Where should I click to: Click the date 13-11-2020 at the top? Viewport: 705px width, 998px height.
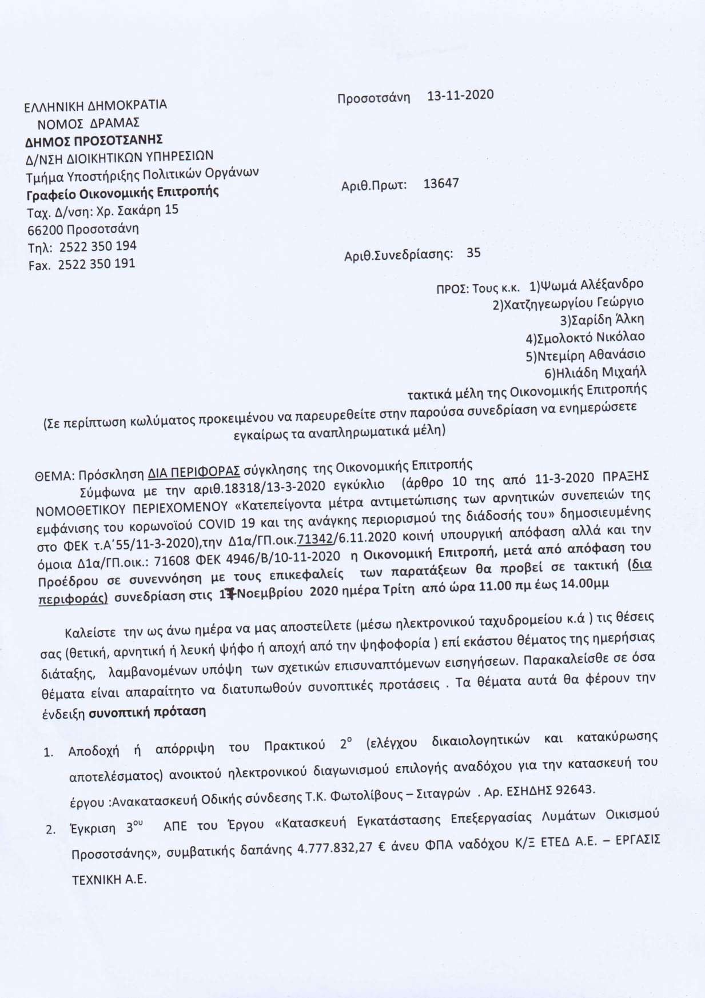460,95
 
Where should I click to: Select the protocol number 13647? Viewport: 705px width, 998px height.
441,184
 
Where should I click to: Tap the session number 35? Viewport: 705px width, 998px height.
473,252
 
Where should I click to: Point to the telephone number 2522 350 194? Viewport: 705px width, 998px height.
98,246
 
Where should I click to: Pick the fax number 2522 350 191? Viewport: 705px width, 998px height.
97,264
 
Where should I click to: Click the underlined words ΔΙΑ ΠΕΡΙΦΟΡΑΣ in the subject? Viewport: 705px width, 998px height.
193,473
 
